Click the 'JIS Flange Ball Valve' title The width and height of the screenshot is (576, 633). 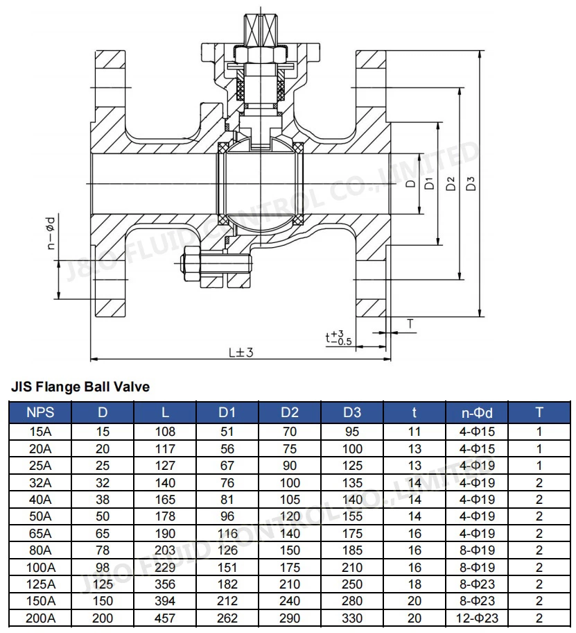click(x=80, y=387)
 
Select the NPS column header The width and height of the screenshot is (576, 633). click(x=40, y=412)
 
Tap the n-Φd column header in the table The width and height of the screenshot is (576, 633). click(x=477, y=412)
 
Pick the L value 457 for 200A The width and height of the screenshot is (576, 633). click(x=165, y=618)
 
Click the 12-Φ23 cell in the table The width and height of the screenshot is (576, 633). click(x=477, y=618)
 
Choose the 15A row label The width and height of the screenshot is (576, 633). click(x=40, y=432)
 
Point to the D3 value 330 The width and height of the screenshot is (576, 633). click(x=352, y=618)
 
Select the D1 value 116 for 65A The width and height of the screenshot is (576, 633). click(x=227, y=534)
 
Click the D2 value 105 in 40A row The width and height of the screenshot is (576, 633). click(x=290, y=500)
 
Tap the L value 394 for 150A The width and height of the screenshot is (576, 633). click(x=165, y=602)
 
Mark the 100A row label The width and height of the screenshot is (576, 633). click(x=40, y=568)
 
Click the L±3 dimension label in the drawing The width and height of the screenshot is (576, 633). click(x=241, y=352)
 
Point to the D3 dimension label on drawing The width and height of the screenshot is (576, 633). click(x=471, y=184)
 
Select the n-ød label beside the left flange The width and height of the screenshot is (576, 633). click(x=51, y=233)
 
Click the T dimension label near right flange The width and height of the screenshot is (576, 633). click(x=410, y=323)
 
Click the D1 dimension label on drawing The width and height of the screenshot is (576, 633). click(x=430, y=184)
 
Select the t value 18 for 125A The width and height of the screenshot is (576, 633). click(x=414, y=584)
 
